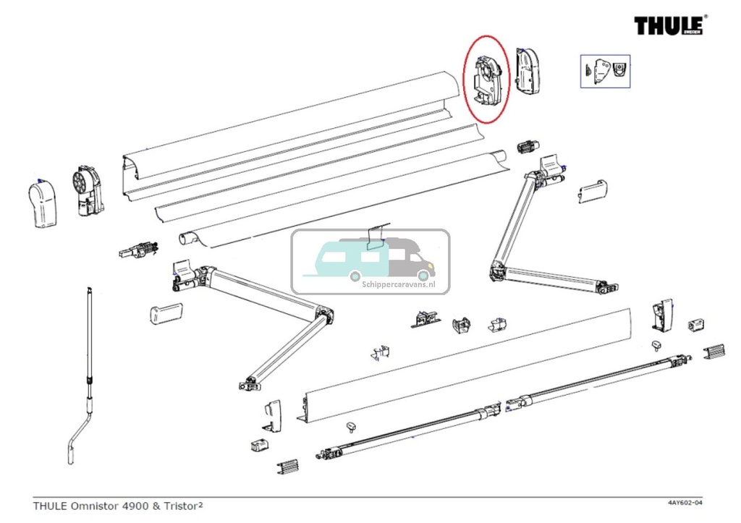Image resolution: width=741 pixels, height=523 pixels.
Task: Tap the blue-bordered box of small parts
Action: point(605,71)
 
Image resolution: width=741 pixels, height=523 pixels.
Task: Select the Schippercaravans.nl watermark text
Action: point(397,285)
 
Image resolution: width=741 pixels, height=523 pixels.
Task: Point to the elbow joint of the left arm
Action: point(324,315)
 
